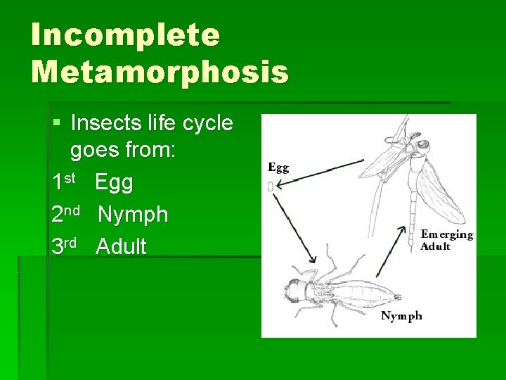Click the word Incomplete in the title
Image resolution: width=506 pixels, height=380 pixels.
[x=125, y=35]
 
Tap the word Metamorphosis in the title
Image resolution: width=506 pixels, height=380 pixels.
[x=160, y=72]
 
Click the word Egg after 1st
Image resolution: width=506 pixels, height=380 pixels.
[x=114, y=183]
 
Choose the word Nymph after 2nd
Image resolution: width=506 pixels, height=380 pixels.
[x=133, y=215]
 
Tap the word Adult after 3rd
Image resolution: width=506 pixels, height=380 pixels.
[x=122, y=247]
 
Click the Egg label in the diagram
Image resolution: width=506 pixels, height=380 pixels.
[x=278, y=168]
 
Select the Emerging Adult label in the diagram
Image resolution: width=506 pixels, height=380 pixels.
[x=446, y=240]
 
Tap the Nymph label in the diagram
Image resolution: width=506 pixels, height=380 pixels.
[x=401, y=316]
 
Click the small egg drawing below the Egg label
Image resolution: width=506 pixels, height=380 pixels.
[x=271, y=186]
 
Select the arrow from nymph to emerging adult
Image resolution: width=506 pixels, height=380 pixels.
[x=391, y=251]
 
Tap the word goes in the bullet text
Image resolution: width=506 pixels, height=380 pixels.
[x=94, y=152]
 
